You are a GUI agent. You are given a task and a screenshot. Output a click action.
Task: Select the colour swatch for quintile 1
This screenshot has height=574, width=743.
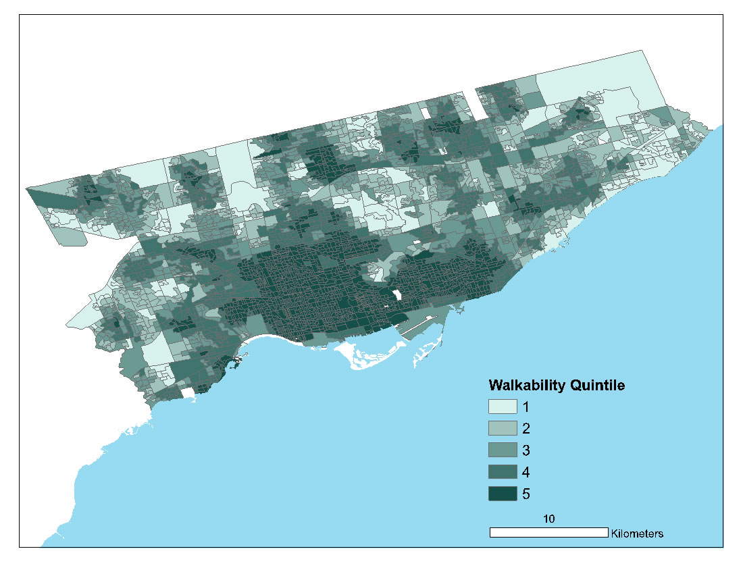(503, 407)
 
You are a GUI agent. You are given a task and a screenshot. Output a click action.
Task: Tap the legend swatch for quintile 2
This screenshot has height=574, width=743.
(503, 428)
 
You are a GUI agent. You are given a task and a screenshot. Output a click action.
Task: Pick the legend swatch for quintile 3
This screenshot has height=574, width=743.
(503, 450)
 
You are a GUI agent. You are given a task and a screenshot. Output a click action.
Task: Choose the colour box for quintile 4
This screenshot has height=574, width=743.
(503, 471)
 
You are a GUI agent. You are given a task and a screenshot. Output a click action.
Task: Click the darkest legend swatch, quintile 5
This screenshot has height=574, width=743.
(503, 494)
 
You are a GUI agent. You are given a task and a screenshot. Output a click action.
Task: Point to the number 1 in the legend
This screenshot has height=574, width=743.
(527, 407)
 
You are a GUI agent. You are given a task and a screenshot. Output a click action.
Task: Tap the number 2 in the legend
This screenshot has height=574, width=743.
(527, 428)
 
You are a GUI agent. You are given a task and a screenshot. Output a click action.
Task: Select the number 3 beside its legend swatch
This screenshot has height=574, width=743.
(527, 450)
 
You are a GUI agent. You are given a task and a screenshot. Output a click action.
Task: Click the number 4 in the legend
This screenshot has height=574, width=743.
(527, 471)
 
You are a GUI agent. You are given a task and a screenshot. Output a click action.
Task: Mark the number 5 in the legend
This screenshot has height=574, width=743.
(527, 494)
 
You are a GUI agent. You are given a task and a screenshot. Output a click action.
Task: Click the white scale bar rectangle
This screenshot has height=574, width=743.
(548, 533)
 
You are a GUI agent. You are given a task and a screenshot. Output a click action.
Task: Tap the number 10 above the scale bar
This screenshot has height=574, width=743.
(548, 519)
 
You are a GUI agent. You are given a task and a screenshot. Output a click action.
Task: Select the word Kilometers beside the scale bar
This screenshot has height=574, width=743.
(637, 533)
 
